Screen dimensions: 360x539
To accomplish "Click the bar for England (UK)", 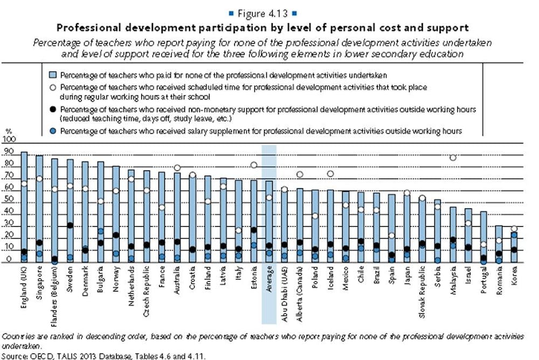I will coord(24,207).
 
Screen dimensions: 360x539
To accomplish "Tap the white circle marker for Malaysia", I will coord(453,157).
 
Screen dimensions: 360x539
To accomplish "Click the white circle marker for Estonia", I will coord(254,165).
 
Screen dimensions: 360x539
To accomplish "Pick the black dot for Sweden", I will coord(70,225).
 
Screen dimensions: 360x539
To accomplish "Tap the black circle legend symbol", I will coord(53,110).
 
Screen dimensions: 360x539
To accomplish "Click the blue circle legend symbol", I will coord(53,130).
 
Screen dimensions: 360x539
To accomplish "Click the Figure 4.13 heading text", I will coord(267,13).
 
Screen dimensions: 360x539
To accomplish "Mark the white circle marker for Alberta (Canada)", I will coord(300,175).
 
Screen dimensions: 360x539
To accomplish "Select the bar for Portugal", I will coord(483,237).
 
